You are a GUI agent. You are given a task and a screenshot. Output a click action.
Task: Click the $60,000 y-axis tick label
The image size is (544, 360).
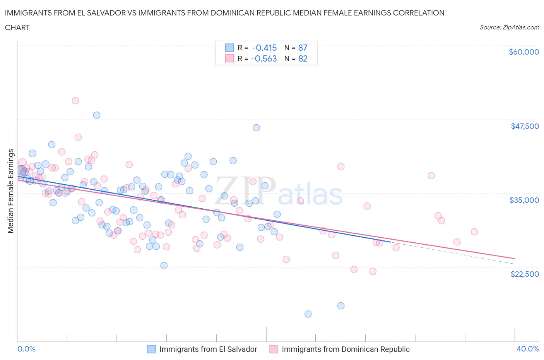click(x=523, y=52)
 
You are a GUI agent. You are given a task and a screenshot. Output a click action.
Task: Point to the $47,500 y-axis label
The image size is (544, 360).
click(x=525, y=126)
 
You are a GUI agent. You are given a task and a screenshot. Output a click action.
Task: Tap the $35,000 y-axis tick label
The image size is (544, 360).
click(x=524, y=200)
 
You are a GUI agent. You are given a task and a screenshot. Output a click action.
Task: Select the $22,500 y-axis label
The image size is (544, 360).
click(x=525, y=274)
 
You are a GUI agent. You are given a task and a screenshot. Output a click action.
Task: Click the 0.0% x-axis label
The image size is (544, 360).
click(x=26, y=349)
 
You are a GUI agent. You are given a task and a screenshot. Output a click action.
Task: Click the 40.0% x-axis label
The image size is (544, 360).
click(x=528, y=349)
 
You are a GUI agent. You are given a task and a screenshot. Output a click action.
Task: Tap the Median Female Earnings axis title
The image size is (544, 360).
click(x=10, y=191)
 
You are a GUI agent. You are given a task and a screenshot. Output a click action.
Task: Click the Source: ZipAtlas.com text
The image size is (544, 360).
click(x=509, y=27)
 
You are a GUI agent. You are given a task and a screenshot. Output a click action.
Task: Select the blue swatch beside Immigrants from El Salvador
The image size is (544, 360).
click(x=151, y=349)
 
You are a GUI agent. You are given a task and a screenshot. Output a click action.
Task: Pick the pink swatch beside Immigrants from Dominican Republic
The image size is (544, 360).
click(x=274, y=349)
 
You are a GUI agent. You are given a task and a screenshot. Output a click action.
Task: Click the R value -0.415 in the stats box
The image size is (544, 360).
click(x=264, y=48)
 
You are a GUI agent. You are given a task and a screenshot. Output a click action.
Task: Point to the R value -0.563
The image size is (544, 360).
click(x=264, y=58)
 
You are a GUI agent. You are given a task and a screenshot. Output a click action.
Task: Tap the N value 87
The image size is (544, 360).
click(x=303, y=48)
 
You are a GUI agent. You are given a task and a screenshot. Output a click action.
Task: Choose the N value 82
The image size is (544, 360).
click(x=303, y=58)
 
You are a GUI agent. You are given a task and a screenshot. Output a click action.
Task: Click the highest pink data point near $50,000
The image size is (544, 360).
click(x=75, y=101)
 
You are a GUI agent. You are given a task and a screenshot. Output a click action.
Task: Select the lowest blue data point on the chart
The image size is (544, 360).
click(x=308, y=314)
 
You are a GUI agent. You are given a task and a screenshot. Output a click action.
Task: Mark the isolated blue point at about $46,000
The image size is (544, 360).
click(x=256, y=128)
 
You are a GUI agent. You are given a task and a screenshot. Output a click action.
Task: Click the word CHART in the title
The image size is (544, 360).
click(x=17, y=27)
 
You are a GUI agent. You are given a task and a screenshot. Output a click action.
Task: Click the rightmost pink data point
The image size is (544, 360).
click(x=474, y=232)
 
